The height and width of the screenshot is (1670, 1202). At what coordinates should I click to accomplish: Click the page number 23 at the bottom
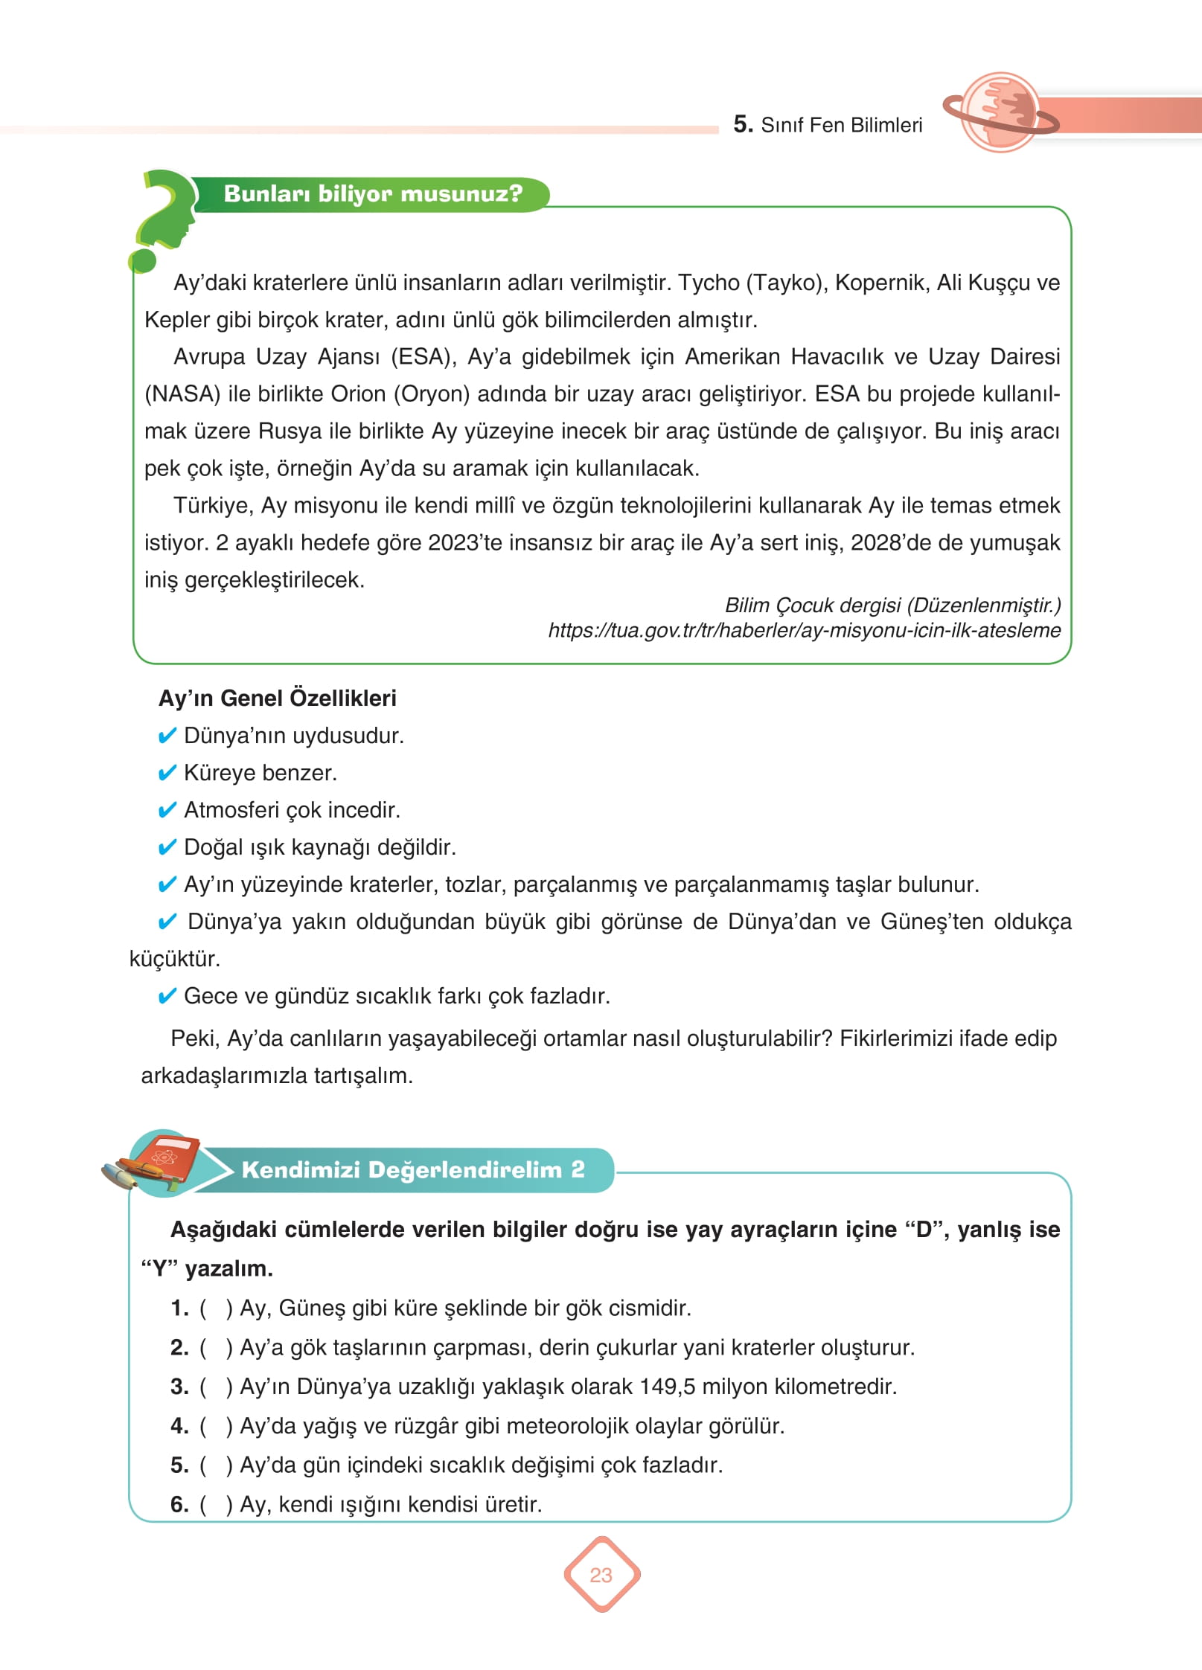[601, 1575]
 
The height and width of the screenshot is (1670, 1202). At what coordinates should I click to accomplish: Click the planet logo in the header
[1000, 112]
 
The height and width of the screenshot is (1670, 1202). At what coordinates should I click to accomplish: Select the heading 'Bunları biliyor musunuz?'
[373, 194]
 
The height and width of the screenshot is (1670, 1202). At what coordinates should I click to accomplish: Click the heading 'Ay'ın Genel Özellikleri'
[277, 698]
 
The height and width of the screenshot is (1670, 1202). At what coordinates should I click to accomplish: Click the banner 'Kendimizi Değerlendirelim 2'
[413, 1169]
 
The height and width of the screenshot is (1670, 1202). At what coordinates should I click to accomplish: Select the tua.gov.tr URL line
[804, 630]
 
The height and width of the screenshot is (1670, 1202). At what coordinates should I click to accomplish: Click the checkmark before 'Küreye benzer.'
[167, 773]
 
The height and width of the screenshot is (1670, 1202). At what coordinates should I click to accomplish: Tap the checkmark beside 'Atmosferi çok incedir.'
[167, 810]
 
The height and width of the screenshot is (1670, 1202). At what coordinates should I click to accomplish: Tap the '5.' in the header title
[743, 124]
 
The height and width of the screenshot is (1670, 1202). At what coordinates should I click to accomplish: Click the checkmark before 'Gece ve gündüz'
[167, 996]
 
